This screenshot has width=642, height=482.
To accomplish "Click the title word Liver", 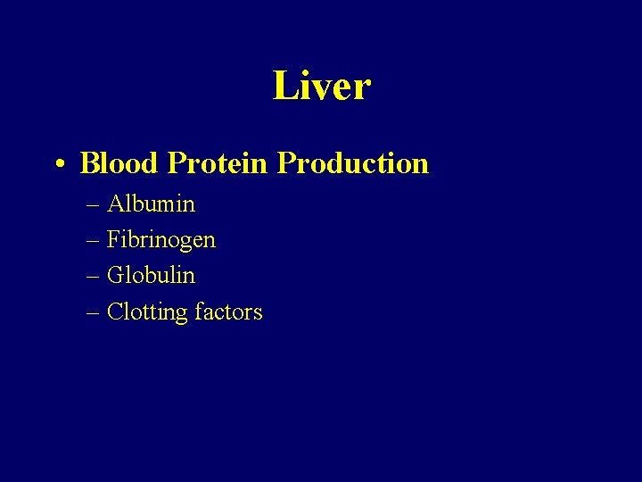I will (x=321, y=87).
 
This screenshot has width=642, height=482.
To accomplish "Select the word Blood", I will (x=119, y=163).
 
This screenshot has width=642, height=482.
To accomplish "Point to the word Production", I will (x=352, y=163).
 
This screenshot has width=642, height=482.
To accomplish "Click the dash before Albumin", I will (x=95, y=205).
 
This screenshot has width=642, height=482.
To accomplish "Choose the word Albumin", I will (x=151, y=204).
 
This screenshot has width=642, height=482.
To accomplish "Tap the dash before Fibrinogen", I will (x=95, y=241).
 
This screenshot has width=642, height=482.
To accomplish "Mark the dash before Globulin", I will (x=95, y=277).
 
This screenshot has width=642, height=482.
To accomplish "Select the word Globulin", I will (x=151, y=276).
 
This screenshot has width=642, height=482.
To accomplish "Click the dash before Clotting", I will (x=95, y=312).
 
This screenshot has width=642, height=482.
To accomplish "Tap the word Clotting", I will (x=147, y=313).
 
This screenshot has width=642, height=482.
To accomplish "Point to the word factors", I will (x=228, y=312).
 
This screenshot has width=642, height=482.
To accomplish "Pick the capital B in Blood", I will (x=89, y=163).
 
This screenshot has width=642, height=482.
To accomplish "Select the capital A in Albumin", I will (x=115, y=204).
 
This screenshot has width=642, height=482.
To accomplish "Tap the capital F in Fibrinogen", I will (x=113, y=240).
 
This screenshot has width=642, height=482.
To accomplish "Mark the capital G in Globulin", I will (x=115, y=276).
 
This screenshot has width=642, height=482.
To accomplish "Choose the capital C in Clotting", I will (x=114, y=312).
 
